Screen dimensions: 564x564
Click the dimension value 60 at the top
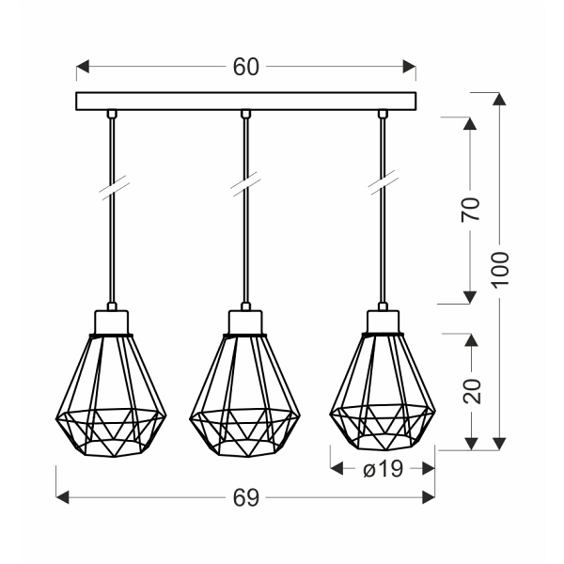pos(246,67)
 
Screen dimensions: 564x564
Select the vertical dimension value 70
pos(472,209)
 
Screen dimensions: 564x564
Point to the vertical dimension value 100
pos(499,271)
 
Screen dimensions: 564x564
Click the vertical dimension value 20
pos(472,389)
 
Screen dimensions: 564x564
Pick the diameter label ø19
pos(383,468)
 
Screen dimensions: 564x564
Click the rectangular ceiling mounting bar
pos(246,101)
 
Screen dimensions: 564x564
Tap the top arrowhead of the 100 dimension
pos(499,99)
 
